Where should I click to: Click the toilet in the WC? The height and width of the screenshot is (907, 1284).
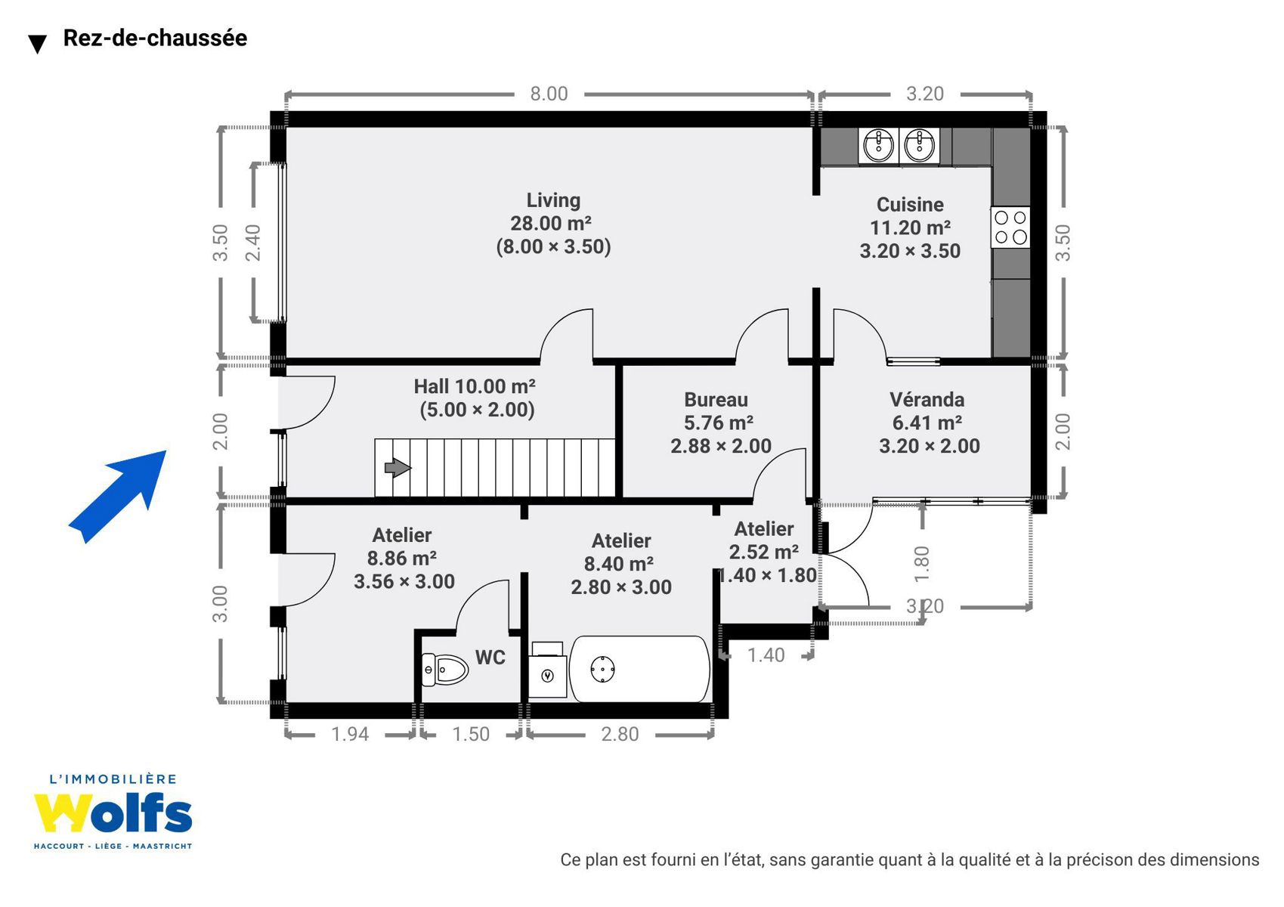pyautogui.click(x=444, y=670)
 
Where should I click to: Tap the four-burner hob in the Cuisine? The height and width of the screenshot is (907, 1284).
pyautogui.click(x=1010, y=227)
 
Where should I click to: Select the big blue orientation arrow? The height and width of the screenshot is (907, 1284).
pyautogui.click(x=117, y=497)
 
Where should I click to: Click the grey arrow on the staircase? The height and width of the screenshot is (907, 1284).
pyautogui.click(x=398, y=467)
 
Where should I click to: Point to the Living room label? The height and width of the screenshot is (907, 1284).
pyautogui.click(x=553, y=200)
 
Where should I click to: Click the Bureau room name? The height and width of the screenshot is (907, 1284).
pyautogui.click(x=716, y=400)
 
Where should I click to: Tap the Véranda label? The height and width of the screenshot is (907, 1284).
pyautogui.click(x=927, y=400)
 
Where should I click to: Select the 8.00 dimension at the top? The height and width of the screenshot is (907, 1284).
pyautogui.click(x=549, y=94)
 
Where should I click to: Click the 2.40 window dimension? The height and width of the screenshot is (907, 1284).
pyautogui.click(x=252, y=243)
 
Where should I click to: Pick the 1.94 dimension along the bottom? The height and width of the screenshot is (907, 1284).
pyautogui.click(x=350, y=734)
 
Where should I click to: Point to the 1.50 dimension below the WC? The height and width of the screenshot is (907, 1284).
pyautogui.click(x=471, y=734)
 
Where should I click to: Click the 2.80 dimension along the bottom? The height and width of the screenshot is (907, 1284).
pyautogui.click(x=620, y=734)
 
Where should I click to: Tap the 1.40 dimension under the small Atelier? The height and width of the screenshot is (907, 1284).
pyautogui.click(x=766, y=655)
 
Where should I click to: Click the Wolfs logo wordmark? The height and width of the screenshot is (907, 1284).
pyautogui.click(x=113, y=812)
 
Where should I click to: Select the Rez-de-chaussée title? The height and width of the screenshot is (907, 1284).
pyautogui.click(x=156, y=38)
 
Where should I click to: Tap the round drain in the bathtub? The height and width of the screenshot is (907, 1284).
pyautogui.click(x=602, y=669)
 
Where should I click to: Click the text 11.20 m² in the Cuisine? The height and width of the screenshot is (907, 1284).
pyautogui.click(x=910, y=228)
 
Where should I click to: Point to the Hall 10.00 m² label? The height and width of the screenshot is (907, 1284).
pyautogui.click(x=475, y=386)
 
